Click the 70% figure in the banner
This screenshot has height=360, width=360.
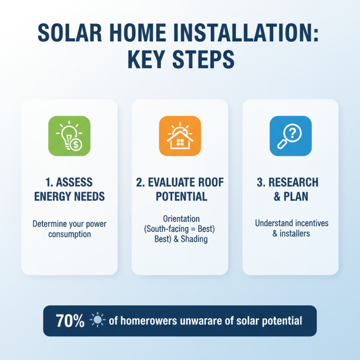[70, 321]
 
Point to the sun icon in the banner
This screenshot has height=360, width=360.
[97, 321]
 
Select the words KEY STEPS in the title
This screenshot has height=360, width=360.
[180, 59]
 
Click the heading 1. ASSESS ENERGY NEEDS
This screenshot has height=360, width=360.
[69, 189]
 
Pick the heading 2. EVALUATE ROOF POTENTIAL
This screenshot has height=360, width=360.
[180, 189]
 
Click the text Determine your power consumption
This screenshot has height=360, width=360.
[69, 229]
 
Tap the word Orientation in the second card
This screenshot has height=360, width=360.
[180, 219]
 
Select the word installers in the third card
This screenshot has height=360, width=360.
[294, 234]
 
